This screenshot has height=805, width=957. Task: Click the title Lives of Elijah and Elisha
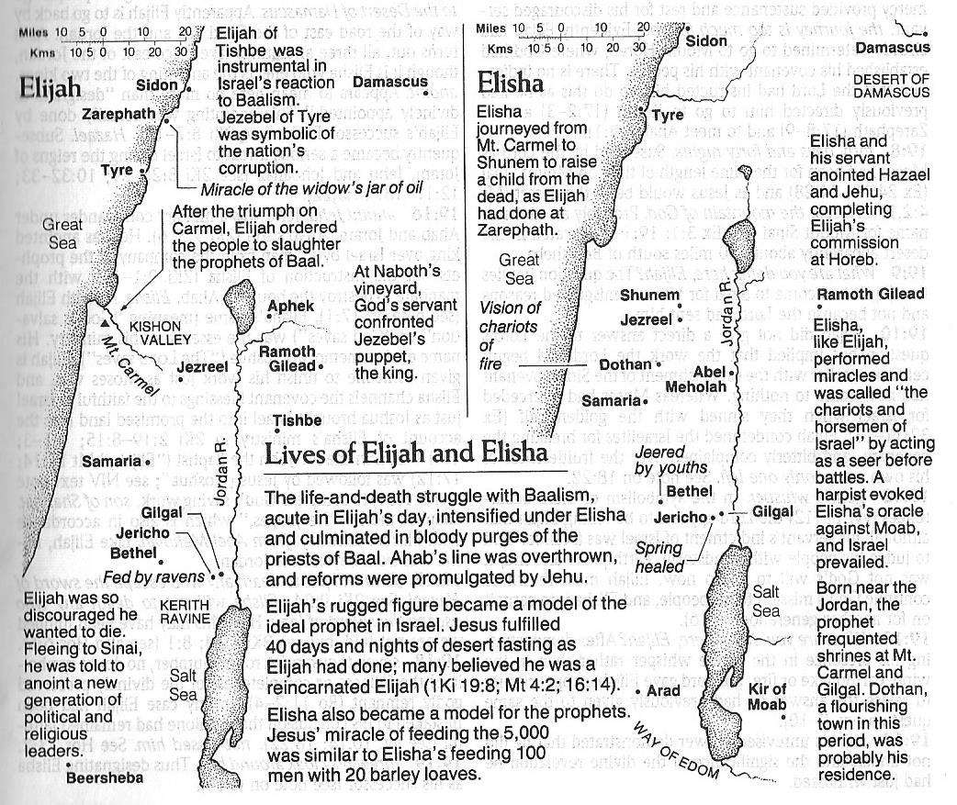tap(405, 453)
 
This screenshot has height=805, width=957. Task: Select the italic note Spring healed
tap(659, 558)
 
